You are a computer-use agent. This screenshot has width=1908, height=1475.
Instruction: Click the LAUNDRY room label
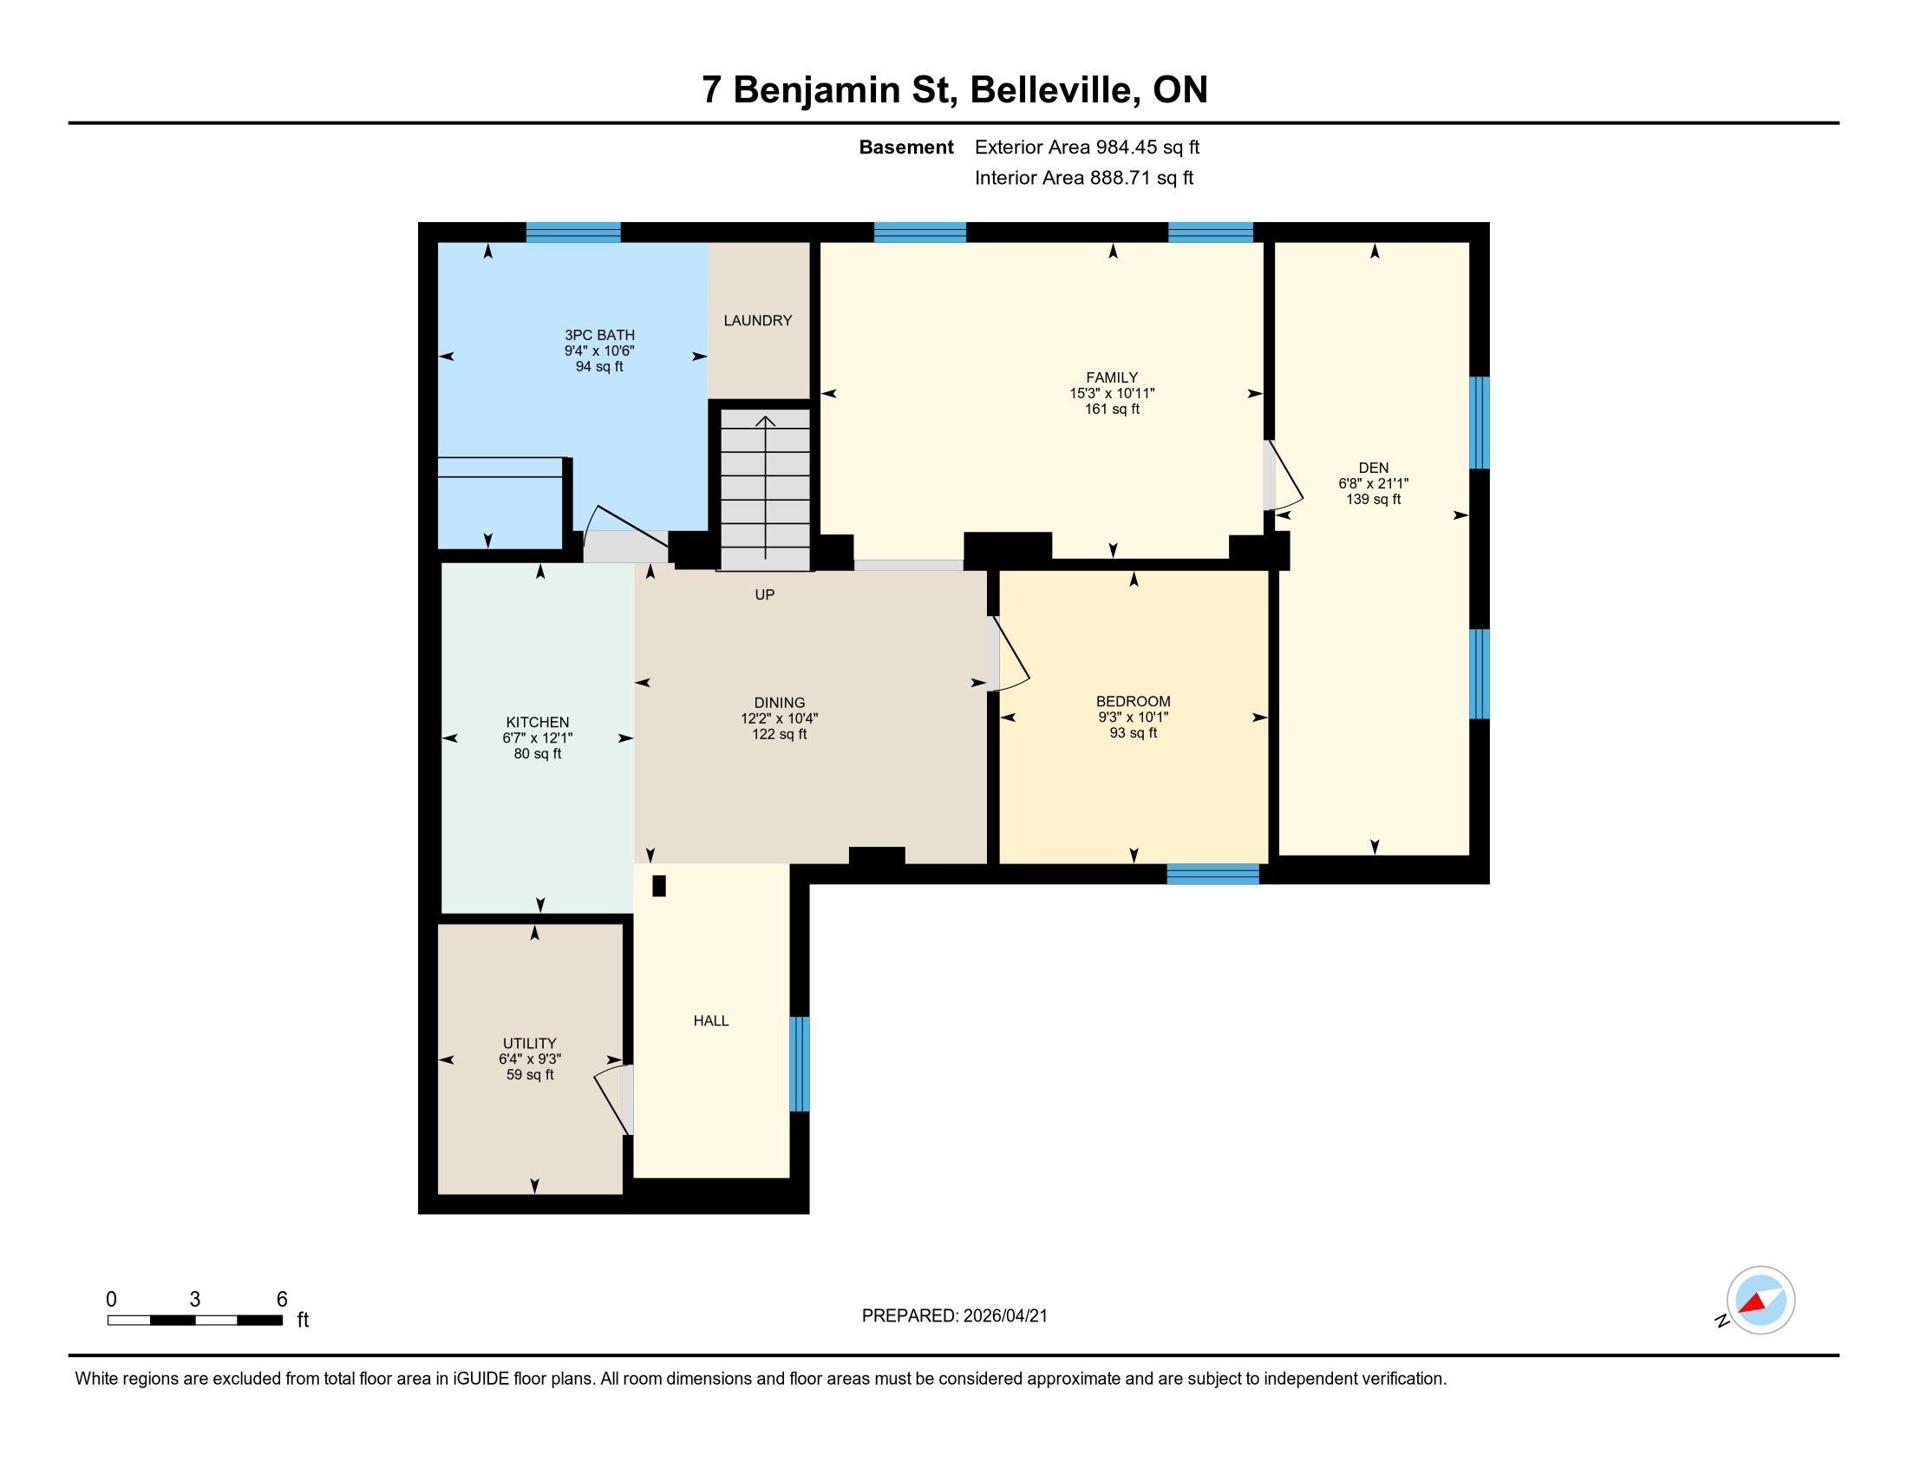(x=757, y=321)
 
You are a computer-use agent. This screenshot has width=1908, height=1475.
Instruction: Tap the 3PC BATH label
(x=599, y=336)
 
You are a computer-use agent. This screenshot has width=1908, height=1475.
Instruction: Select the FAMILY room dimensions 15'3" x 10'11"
(x=1112, y=393)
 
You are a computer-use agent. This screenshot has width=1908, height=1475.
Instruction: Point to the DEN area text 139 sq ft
(x=1374, y=499)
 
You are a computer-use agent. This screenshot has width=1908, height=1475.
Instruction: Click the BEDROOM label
(x=1134, y=702)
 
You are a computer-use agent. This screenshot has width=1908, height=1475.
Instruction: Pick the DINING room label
(x=780, y=703)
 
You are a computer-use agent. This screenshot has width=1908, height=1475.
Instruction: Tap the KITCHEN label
(x=538, y=723)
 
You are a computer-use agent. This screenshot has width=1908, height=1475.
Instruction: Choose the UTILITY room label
(x=529, y=1043)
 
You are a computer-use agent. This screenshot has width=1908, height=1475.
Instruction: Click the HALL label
(x=711, y=1020)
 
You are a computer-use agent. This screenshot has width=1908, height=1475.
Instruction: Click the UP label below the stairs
(x=764, y=595)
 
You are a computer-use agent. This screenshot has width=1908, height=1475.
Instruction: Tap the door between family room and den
(x=1284, y=475)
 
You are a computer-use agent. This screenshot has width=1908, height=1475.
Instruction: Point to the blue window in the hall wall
(x=800, y=1064)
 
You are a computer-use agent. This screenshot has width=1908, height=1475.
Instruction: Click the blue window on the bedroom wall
(x=1212, y=874)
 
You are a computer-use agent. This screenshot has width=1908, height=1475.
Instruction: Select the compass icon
(x=1760, y=1301)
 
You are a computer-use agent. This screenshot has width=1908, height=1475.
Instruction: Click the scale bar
(x=195, y=1321)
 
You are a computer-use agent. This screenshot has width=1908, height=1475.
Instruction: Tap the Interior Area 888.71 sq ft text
(x=1084, y=178)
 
